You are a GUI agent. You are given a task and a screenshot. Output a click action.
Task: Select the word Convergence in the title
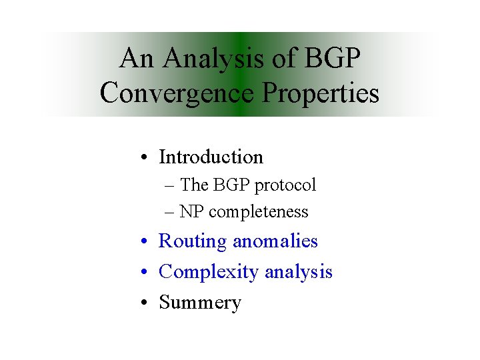point(177,93)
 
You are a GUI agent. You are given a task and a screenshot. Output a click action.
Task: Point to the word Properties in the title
point(319,93)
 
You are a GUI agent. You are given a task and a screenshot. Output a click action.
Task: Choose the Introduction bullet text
point(211,157)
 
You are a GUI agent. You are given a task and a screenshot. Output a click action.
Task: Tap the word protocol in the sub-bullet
point(289,185)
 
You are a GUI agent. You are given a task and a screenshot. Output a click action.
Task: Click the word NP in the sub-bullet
point(192,212)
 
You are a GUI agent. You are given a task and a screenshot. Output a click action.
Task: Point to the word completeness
point(258,212)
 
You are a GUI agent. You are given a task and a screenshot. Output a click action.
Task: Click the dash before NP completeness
point(171,212)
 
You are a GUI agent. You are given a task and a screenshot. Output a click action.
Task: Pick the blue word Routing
point(193,241)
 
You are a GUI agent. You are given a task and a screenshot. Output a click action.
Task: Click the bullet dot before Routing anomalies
point(145,242)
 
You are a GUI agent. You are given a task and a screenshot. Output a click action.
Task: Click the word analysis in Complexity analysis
point(298,272)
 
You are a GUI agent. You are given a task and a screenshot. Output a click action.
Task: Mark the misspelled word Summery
point(200,303)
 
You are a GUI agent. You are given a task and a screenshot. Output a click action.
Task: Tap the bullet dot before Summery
point(145,303)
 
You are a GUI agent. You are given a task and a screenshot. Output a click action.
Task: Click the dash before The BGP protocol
point(171,185)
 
